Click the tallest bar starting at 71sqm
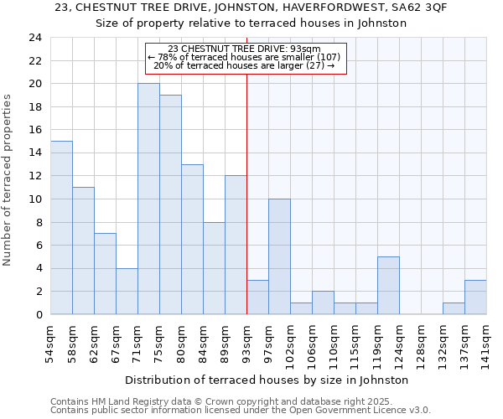point(148,199)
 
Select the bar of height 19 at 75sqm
point(170,205)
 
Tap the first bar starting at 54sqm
point(61,228)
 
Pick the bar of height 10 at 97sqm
point(279,256)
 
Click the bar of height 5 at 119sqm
point(388,286)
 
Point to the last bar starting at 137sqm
point(475,297)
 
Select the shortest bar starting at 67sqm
point(127,292)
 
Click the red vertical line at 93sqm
point(246,193)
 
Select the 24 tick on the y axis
point(34,38)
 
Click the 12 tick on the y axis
point(34,176)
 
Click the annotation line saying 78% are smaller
point(245,57)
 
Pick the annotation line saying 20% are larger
point(245,65)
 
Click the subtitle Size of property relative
point(251,23)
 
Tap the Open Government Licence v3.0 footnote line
point(241,410)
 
